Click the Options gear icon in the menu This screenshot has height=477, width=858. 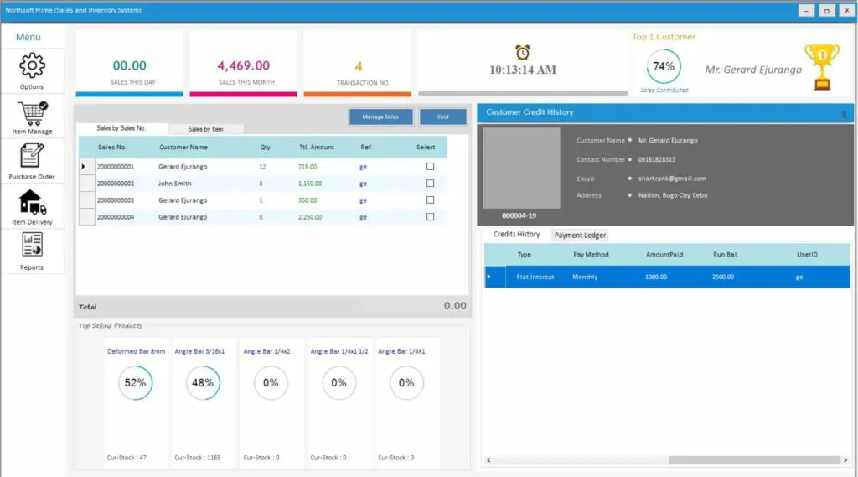(x=32, y=65)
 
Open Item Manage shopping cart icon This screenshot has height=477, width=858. (x=32, y=112)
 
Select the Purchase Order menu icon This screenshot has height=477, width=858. (x=32, y=157)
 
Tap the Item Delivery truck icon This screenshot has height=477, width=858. (x=32, y=202)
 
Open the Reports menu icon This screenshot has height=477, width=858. (x=32, y=246)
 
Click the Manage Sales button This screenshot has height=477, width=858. (x=380, y=117)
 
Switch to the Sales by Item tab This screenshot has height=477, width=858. (x=205, y=129)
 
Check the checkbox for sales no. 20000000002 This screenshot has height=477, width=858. (x=430, y=184)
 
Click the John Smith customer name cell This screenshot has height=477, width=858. (x=175, y=184)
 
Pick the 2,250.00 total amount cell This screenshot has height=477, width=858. (x=310, y=217)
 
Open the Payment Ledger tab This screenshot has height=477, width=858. (x=580, y=236)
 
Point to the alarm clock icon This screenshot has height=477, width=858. (x=523, y=52)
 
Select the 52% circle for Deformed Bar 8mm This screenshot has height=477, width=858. (x=136, y=382)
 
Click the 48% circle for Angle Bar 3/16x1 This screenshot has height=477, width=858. (x=203, y=382)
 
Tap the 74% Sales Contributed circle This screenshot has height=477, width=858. (x=664, y=66)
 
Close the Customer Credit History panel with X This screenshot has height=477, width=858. (x=844, y=113)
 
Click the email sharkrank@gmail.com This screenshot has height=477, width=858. (x=672, y=179)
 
